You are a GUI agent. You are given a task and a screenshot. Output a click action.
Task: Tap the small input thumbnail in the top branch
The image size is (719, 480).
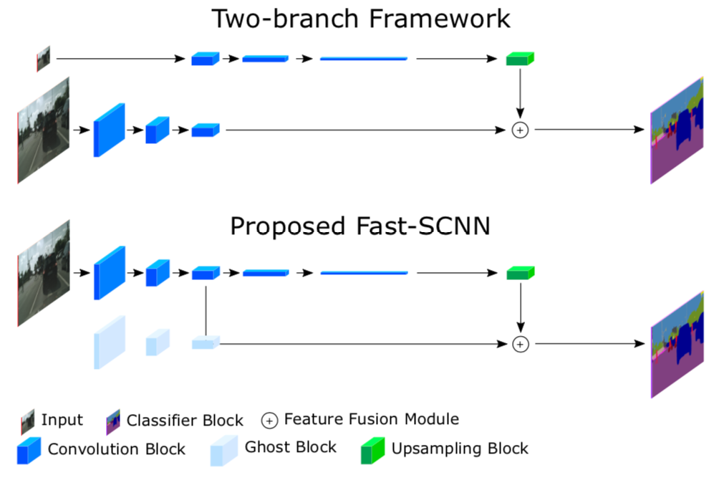(44, 59)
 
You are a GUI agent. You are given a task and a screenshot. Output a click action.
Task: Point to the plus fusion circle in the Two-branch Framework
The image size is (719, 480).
(520, 130)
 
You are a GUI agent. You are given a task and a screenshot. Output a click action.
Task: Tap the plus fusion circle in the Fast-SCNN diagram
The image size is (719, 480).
(520, 344)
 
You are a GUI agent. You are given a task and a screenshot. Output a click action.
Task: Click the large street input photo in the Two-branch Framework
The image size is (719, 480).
(44, 129)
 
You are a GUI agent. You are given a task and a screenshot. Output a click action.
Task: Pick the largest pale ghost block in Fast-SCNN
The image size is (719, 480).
(109, 342)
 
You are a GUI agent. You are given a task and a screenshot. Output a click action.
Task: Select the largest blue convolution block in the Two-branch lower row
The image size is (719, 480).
(109, 130)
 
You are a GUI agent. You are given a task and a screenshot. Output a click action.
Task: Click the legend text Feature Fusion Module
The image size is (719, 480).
(371, 419)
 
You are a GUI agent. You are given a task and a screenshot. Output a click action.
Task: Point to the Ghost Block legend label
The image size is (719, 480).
(290, 448)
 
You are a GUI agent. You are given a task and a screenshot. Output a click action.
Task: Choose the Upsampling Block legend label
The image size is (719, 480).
(459, 449)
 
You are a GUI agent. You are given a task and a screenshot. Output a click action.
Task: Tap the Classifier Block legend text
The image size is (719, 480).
(185, 421)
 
